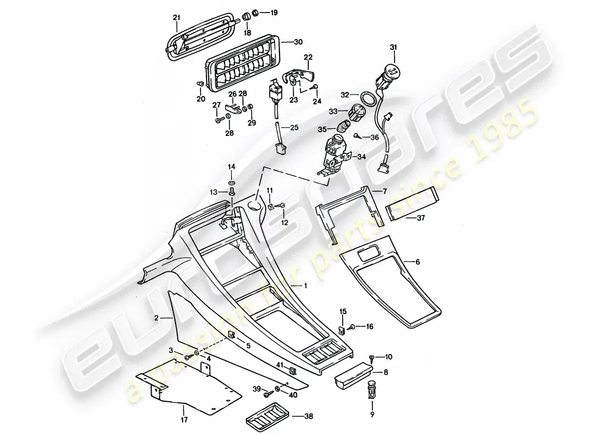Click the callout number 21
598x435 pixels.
coord(176,18)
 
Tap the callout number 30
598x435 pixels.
coord(297,42)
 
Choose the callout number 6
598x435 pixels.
coord(418,262)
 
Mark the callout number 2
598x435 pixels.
coord(157,316)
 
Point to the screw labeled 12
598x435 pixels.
coord(280,206)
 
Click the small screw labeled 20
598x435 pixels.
coord(200,84)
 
